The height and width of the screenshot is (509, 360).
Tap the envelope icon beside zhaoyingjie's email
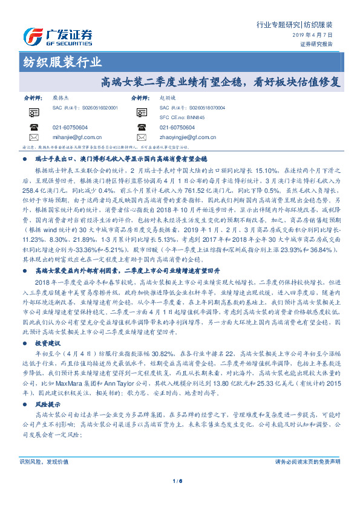pyautogui.click(x=149, y=137)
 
